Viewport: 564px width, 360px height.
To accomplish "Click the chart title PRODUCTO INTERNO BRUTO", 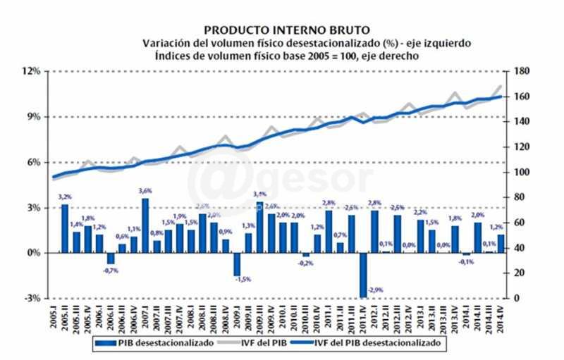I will [x=286, y=30].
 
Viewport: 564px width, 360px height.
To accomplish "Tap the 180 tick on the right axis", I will [x=522, y=71].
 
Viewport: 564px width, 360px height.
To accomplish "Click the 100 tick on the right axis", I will [x=522, y=173].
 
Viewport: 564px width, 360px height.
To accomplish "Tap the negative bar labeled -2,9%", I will [x=363, y=275].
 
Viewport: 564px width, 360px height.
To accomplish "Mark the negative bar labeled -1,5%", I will [x=237, y=264].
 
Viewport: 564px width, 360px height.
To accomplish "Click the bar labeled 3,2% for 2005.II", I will [x=65, y=228].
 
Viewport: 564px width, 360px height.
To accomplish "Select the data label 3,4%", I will [x=259, y=194].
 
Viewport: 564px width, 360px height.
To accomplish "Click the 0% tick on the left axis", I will [x=33, y=253].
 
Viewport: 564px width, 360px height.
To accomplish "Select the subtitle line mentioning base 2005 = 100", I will [x=286, y=56].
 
